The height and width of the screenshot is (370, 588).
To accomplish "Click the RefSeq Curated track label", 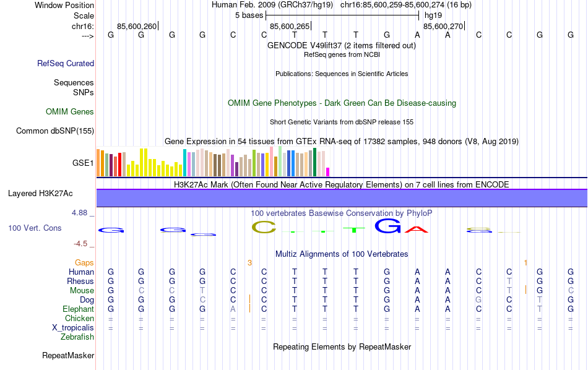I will tap(65, 63).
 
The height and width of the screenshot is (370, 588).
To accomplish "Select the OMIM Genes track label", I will tap(69, 112).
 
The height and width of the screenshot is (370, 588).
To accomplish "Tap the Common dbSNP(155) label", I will tap(55, 131).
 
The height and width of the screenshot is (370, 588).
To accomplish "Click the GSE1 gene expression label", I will tap(83, 163).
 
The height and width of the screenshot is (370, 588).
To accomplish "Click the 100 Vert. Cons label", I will tap(35, 228).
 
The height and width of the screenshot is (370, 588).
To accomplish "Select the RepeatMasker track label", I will tap(68, 356).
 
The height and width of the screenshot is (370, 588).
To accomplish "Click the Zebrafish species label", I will tap(77, 337).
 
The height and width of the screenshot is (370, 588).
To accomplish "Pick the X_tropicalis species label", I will tap(73, 328).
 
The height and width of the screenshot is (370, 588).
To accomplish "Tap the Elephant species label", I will tap(78, 309).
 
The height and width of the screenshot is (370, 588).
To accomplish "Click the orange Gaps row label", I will tap(85, 263).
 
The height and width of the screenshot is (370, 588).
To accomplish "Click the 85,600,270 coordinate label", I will tap(443, 27).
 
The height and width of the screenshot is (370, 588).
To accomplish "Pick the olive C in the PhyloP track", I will tap(264, 228).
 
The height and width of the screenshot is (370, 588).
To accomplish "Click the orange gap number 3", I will tap(249, 263).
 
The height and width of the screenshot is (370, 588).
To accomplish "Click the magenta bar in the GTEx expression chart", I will tap(328, 171).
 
